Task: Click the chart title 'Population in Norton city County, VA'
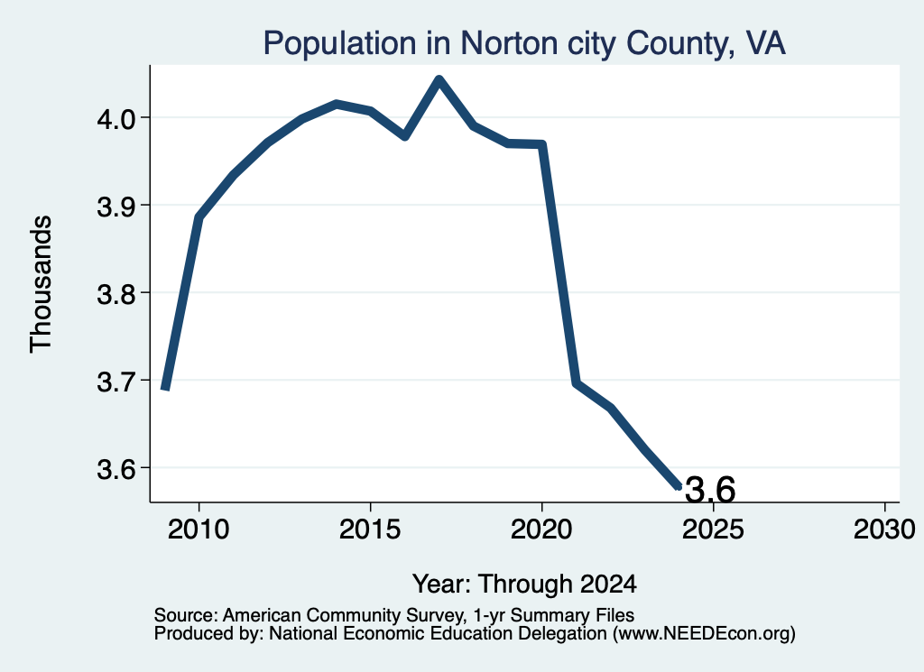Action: (524, 43)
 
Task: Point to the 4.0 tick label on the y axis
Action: (116, 118)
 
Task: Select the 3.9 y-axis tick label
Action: (116, 207)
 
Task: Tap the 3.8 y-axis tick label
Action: (116, 293)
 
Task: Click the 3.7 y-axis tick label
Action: (116, 381)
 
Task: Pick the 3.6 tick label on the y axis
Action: (116, 469)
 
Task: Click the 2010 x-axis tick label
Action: (199, 529)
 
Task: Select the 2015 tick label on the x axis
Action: (370, 529)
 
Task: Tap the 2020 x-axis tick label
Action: (541, 529)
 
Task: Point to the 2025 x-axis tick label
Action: (713, 529)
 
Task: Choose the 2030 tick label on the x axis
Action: (884, 529)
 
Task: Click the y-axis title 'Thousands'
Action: (42, 284)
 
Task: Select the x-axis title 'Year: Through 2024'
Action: (524, 584)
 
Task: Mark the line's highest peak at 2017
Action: (439, 79)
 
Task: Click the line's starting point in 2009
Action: (166, 388)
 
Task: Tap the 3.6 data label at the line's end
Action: (710, 490)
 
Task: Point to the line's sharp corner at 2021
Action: (576, 382)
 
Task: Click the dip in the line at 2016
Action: (405, 136)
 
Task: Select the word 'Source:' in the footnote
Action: (187, 615)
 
